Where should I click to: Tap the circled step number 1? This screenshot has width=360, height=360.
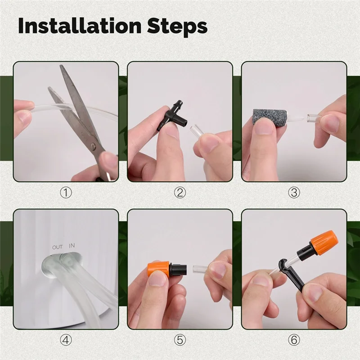(x=66, y=193)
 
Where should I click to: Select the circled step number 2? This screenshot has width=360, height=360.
(x=180, y=193)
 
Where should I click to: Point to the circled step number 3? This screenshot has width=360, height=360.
(x=294, y=193)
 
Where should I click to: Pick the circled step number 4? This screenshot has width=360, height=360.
(x=66, y=340)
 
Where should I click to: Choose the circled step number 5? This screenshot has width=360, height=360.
(x=180, y=340)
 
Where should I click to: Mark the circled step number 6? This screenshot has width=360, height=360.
(x=294, y=340)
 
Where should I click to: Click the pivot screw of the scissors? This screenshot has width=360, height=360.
(x=94, y=146)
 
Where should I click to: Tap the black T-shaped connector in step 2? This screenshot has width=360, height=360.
(x=171, y=117)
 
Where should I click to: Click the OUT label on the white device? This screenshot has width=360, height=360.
(x=57, y=247)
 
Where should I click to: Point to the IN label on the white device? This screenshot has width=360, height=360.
(x=72, y=246)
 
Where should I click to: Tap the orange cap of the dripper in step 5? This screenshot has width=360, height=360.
(x=158, y=269)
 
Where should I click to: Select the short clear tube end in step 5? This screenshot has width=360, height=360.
(x=198, y=269)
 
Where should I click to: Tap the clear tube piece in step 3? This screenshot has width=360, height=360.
(x=310, y=118)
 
